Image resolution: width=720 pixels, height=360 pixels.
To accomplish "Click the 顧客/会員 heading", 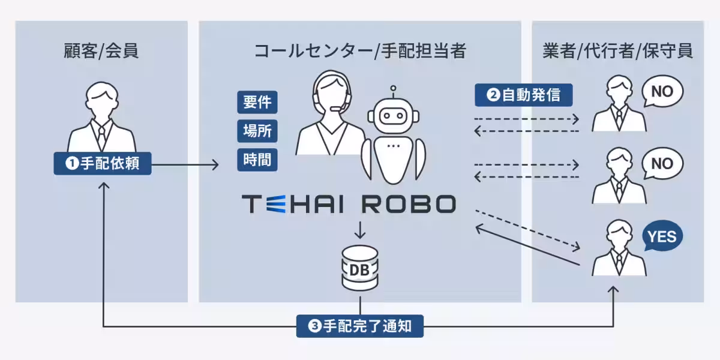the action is coord(101,51).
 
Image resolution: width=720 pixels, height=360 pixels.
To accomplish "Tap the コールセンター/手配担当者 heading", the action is coord(360,51).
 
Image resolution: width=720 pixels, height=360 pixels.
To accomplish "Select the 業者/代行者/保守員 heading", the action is coord(617,51).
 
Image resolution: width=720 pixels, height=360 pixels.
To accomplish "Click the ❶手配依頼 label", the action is coord(103,163).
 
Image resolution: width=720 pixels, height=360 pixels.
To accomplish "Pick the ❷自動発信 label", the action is coord(524,95).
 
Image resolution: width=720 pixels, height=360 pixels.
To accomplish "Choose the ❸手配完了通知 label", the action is coord(359,326).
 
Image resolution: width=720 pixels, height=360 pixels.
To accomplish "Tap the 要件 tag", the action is coord(257,102).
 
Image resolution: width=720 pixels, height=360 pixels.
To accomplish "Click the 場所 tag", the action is coord(257,131).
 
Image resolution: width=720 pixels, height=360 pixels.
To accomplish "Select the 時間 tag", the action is coord(257,160).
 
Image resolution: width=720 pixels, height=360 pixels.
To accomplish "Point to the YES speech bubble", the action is coord(662,236).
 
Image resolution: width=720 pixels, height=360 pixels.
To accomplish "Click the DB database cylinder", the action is coord(359,268).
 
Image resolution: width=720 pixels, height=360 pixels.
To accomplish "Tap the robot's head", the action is coord(393,116).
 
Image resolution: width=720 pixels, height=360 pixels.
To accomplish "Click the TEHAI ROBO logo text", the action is coord(349,204).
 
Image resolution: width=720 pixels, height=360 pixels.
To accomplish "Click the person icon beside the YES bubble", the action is coord(619,247).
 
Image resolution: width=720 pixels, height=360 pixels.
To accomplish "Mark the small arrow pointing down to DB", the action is coord(359,229).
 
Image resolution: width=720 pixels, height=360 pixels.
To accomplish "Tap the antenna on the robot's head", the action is coord(393,92).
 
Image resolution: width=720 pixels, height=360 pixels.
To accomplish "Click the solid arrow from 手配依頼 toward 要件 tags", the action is coord(185,165).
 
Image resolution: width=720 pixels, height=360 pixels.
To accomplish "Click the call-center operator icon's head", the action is coord(332,91).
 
